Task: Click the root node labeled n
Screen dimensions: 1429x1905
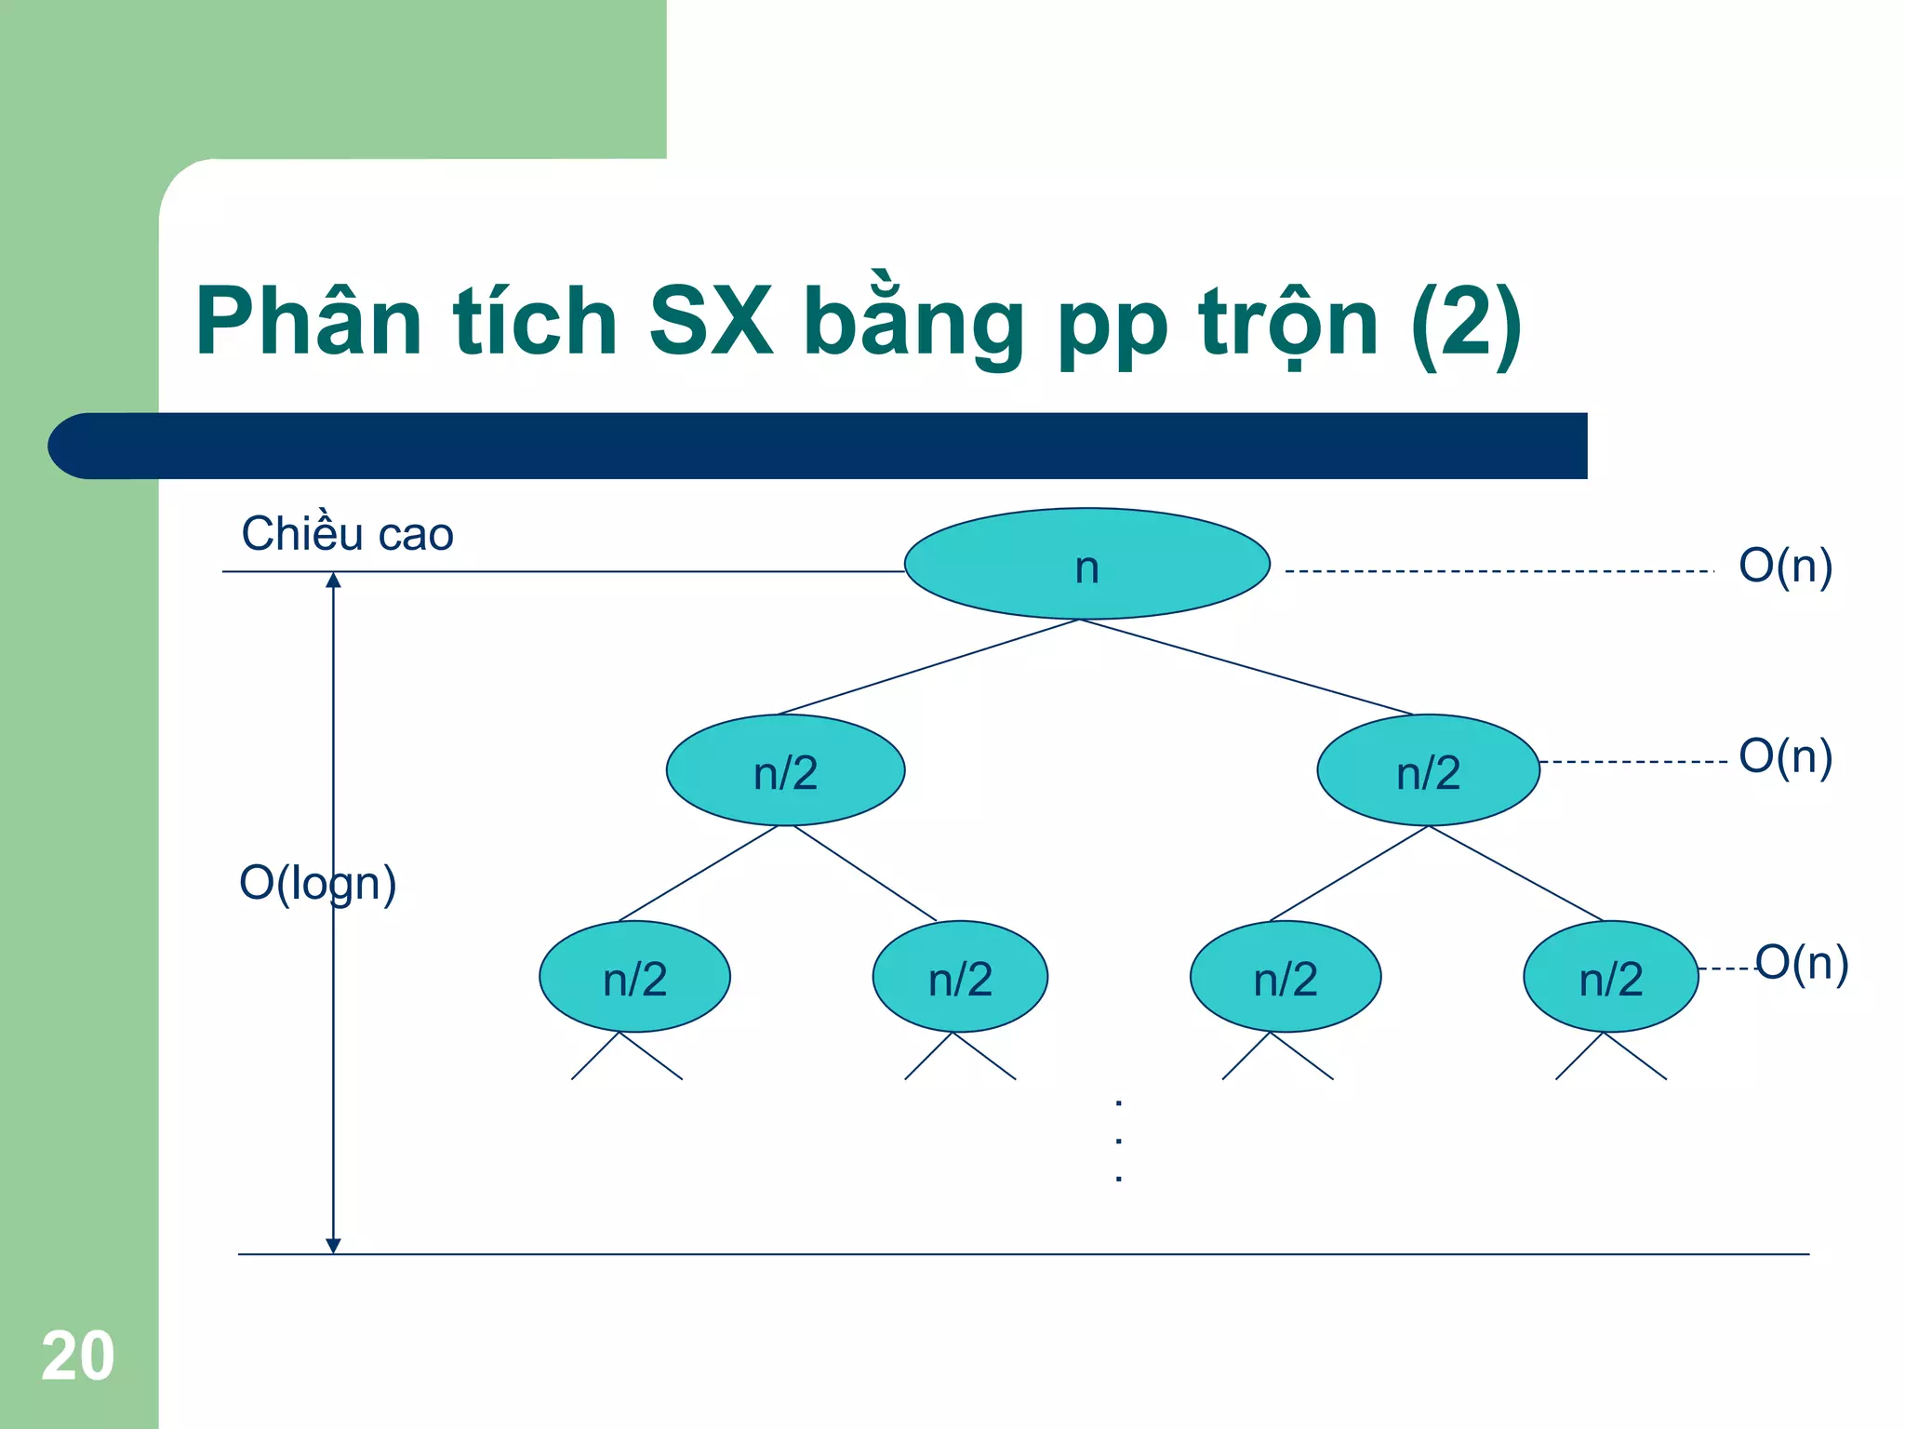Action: [1086, 564]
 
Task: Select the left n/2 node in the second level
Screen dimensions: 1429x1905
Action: [785, 770]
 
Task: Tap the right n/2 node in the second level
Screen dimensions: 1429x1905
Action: [1428, 770]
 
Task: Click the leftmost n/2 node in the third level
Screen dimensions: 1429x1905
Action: [634, 977]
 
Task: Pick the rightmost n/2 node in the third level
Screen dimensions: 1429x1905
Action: [1610, 977]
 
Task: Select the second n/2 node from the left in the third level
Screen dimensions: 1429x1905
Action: [960, 977]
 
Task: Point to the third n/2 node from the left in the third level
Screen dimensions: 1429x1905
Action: [1285, 977]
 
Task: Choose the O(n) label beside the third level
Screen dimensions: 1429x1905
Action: [1801, 963]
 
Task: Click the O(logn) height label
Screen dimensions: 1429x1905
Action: [317, 883]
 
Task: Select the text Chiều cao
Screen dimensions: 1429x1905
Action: [347, 534]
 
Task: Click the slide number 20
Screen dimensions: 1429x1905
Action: [78, 1356]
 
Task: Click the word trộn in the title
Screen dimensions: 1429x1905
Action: [1288, 324]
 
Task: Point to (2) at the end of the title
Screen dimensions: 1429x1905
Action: [1466, 324]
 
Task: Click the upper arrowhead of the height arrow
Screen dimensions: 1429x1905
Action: [333, 581]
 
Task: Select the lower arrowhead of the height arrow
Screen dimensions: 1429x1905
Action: [333, 1246]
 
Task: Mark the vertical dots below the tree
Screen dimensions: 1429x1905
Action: [1118, 1141]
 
